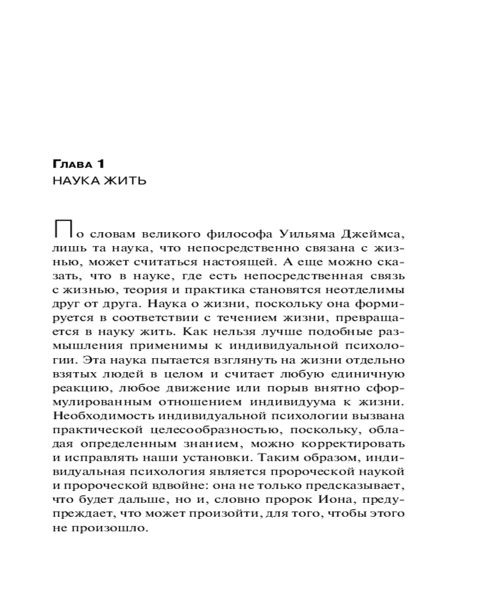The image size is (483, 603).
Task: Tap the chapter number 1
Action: (x=101, y=163)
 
